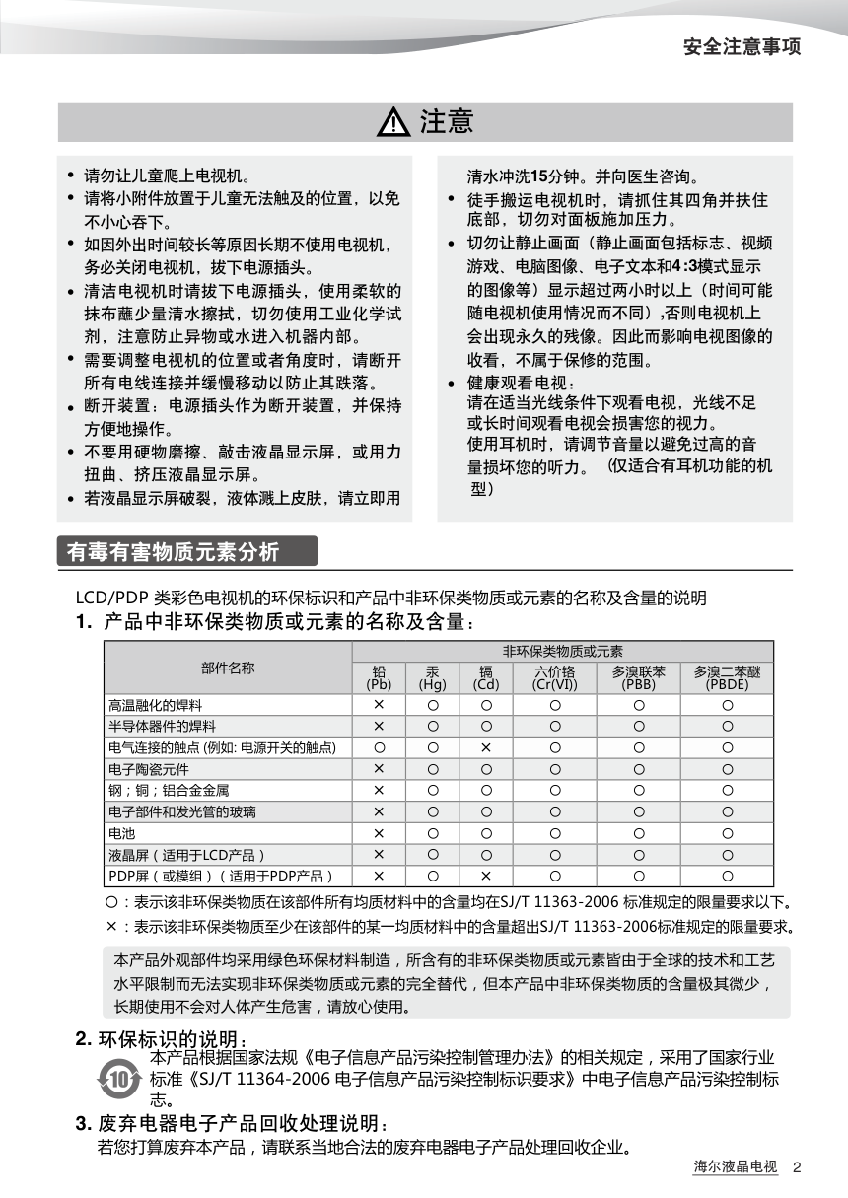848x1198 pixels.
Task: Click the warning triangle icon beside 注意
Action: click(x=393, y=123)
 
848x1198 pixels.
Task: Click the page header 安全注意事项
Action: click(x=742, y=46)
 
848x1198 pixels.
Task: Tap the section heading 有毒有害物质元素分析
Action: click(x=174, y=552)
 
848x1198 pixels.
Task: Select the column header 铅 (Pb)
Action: click(x=379, y=677)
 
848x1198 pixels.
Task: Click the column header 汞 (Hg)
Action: click(x=432, y=677)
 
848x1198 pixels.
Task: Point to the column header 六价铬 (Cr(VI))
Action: click(x=554, y=677)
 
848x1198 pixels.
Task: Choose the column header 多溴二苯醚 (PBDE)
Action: click(x=727, y=677)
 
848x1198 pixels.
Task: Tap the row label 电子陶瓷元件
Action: click(x=149, y=769)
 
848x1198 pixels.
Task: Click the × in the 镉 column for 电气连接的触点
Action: click(x=486, y=748)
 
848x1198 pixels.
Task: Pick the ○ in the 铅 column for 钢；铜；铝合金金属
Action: click(x=379, y=791)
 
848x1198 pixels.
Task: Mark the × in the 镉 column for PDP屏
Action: click(x=486, y=876)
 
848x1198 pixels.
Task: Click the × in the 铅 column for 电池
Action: click(x=379, y=833)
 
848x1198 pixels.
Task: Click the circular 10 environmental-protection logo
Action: click(x=119, y=1080)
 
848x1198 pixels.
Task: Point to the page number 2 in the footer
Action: click(x=797, y=1167)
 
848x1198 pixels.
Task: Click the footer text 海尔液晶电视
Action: click(x=735, y=1167)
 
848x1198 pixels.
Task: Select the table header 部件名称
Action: click(x=228, y=668)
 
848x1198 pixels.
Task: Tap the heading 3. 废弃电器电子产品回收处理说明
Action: click(x=233, y=1124)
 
